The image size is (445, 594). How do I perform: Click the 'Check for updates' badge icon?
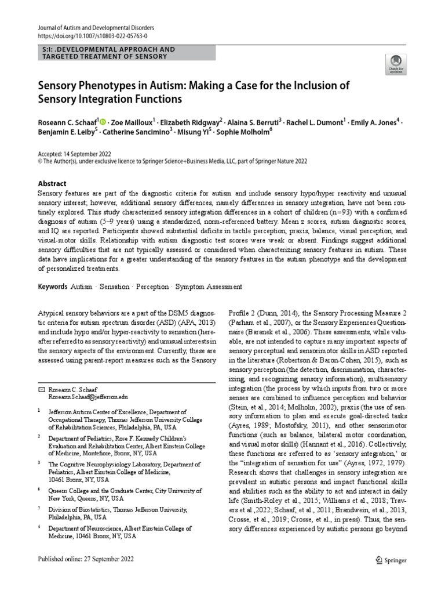396,63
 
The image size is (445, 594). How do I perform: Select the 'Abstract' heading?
52,183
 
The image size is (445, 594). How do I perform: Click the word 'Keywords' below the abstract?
52,287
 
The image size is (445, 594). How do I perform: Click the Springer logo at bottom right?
391,560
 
